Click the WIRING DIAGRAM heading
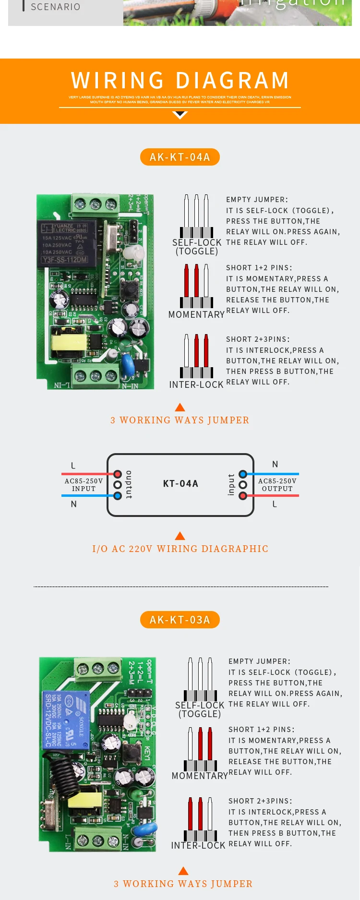(180, 81)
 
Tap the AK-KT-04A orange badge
(180, 157)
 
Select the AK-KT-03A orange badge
(180, 620)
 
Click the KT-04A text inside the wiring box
(180, 483)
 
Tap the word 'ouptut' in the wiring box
(129, 484)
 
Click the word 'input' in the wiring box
(231, 484)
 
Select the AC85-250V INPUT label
(84, 485)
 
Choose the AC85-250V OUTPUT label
(277, 485)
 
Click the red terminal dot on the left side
(118, 474)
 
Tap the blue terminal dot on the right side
(243, 474)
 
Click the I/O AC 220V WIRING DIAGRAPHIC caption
(180, 549)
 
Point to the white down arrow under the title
(180, 115)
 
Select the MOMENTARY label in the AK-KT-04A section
(196, 314)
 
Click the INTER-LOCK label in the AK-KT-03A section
(198, 845)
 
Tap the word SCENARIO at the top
(56, 7)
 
